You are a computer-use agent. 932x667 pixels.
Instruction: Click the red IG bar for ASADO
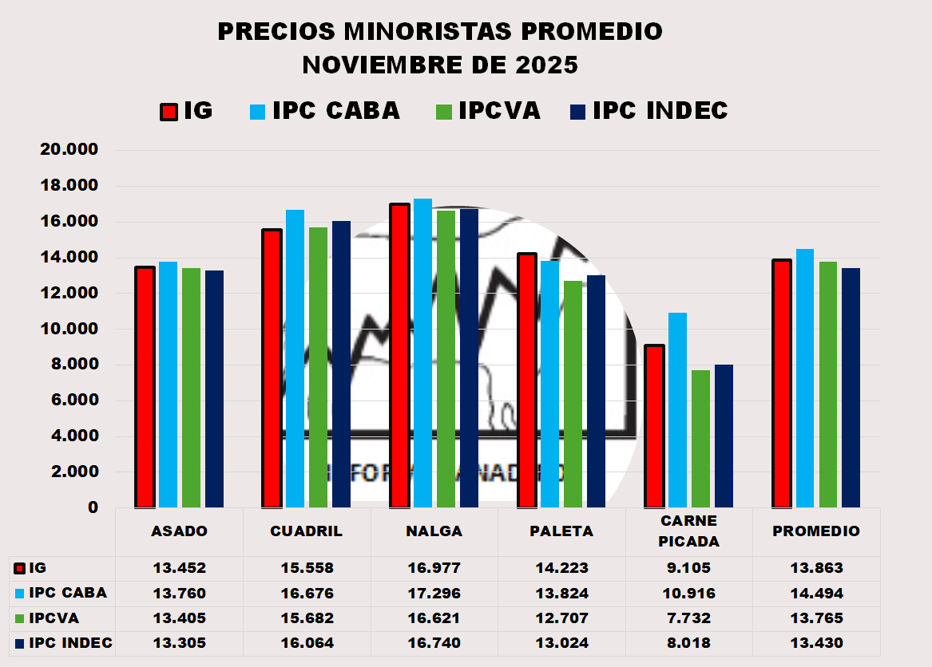pos(145,387)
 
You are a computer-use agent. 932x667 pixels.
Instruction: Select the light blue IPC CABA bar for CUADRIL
pos(295,359)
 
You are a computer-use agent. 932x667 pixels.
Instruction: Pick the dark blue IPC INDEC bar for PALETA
pos(596,391)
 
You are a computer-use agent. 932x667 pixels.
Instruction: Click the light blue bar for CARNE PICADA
pos(677,410)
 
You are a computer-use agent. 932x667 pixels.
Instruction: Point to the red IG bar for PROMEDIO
pos(782,383)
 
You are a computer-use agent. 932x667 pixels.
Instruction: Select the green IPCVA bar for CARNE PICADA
pos(700,439)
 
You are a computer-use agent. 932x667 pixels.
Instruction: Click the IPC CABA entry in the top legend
pos(335,111)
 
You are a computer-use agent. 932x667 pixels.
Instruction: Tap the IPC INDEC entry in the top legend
pos(660,111)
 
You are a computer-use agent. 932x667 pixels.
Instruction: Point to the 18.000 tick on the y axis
pos(70,186)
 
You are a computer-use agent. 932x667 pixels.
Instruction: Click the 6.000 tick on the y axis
pos(70,401)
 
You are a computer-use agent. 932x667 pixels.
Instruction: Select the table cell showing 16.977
pos(434,569)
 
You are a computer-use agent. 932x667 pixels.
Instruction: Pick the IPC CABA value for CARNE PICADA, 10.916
pos(688,594)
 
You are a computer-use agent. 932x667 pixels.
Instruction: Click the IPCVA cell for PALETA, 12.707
pos(561,618)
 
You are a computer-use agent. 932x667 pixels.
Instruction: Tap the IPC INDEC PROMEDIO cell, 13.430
pos(816,643)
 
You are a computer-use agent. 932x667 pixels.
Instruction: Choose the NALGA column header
pos(434,531)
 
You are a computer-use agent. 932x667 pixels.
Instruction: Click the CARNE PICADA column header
pos(688,531)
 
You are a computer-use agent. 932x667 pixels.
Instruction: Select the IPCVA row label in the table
pos(54,618)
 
